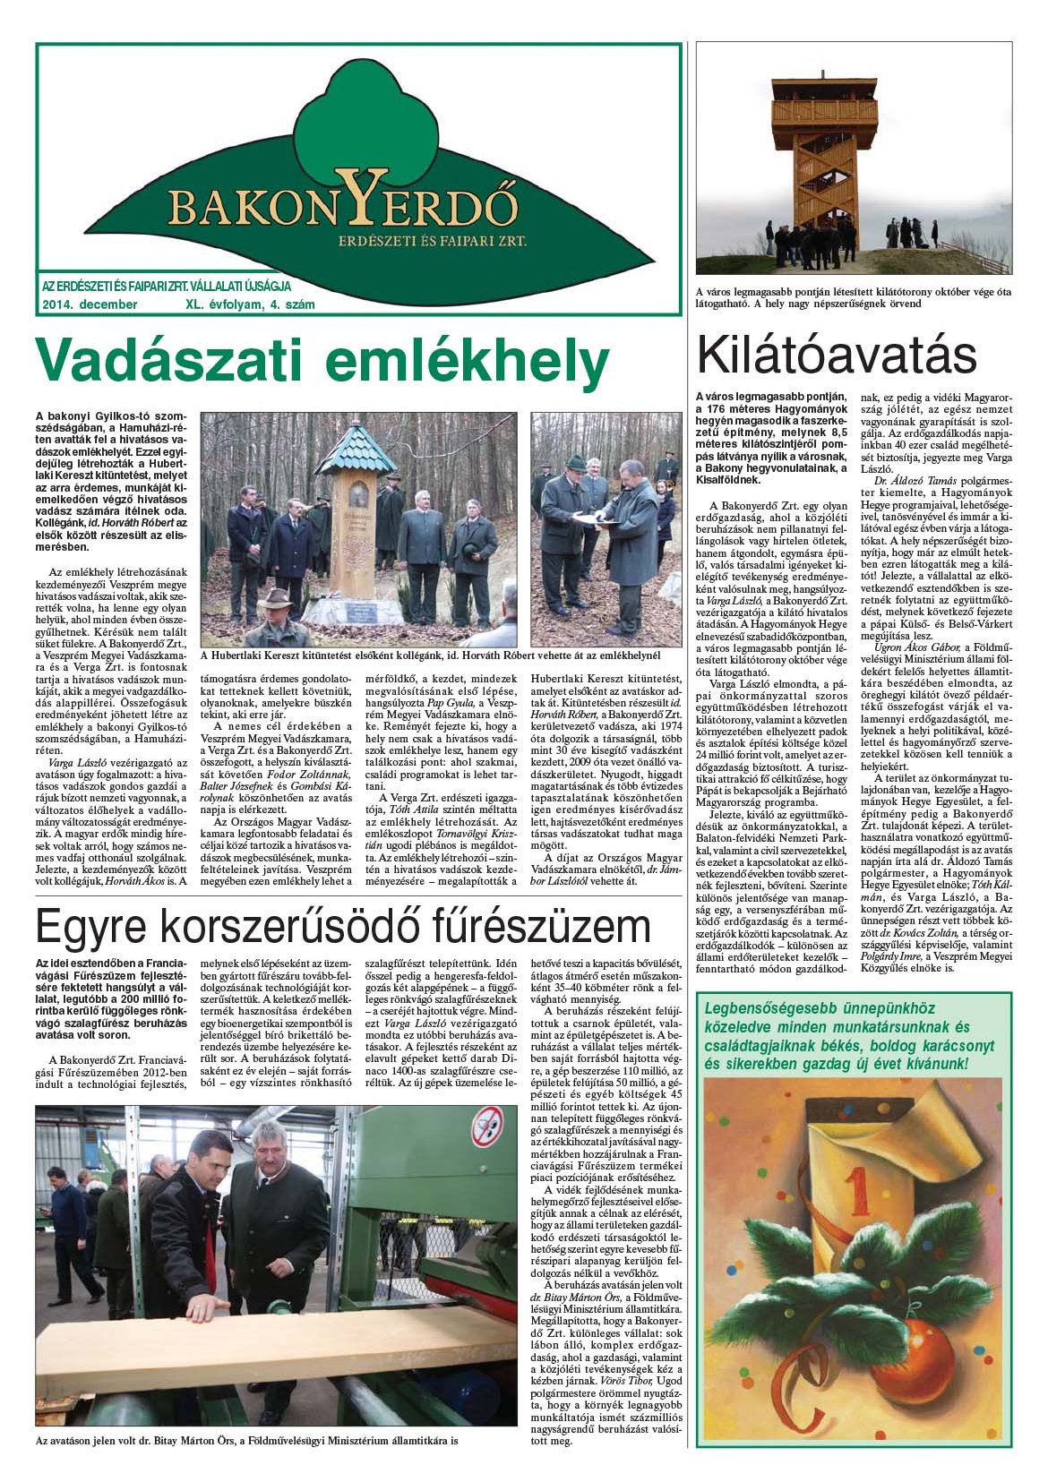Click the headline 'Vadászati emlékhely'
pos(321,364)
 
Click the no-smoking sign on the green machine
pos(487,1121)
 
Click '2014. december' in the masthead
pos(90,304)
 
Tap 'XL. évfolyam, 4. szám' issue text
pos(249,304)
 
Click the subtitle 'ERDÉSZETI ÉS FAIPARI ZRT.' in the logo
pos(432,241)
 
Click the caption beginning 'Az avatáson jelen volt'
pos(246,1442)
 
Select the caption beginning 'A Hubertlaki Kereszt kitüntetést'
pos(430,655)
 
